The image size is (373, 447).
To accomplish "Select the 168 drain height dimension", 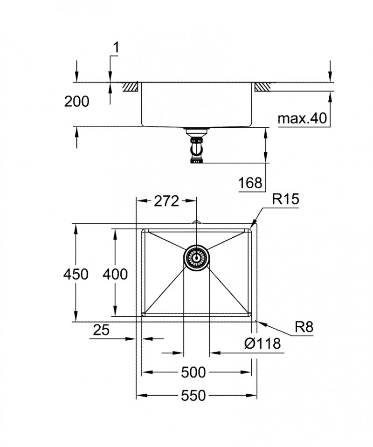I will click(x=250, y=183).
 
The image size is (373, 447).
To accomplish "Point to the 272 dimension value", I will click(x=166, y=201).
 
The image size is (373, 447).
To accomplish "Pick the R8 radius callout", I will click(x=304, y=327).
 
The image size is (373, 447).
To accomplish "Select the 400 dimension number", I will click(x=115, y=274).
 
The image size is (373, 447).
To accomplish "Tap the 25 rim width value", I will click(x=101, y=330).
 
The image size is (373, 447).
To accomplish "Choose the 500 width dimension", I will click(x=193, y=372).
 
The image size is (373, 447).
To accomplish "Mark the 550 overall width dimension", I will click(x=193, y=396).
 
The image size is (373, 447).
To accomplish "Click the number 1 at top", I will click(x=116, y=47).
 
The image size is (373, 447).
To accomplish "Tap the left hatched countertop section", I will click(x=130, y=87).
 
